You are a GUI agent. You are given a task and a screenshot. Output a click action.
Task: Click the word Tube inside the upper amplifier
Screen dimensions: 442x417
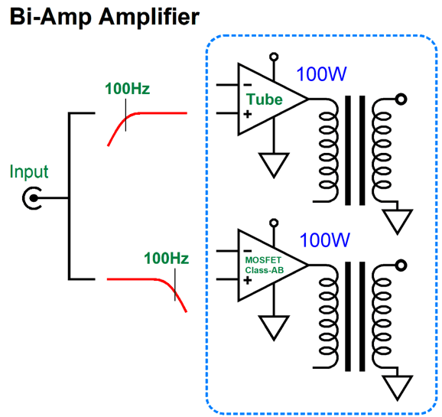pyautogui.click(x=264, y=99)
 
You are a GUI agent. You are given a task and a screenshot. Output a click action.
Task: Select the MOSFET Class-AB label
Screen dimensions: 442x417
pyautogui.click(x=264, y=265)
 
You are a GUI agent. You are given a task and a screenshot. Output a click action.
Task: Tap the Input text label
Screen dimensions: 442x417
pyautogui.click(x=29, y=171)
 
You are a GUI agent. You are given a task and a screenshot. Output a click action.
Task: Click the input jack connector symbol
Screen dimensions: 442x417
pyautogui.click(x=32, y=198)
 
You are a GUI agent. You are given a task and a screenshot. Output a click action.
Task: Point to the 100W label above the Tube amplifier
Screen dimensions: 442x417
pyautogui.click(x=321, y=74)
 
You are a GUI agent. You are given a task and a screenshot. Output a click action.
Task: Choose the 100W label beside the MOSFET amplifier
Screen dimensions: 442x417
pyautogui.click(x=324, y=240)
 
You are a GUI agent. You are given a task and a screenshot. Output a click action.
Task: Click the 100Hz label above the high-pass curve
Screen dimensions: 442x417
pyautogui.click(x=128, y=89)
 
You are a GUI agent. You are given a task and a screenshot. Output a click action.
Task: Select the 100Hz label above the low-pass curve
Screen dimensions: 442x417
pyautogui.click(x=166, y=258)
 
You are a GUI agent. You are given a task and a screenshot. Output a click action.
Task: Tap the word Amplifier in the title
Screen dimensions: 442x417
pyautogui.click(x=149, y=16)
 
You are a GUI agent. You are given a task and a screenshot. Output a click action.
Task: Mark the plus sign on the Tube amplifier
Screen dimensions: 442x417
pyautogui.click(x=248, y=114)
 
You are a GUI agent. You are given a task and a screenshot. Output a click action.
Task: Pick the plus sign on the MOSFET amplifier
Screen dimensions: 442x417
pyautogui.click(x=248, y=281)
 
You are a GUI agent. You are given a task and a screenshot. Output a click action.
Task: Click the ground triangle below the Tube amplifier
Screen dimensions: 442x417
pyautogui.click(x=274, y=165)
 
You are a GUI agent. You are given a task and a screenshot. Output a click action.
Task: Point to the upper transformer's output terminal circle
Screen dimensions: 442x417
pyautogui.click(x=401, y=99)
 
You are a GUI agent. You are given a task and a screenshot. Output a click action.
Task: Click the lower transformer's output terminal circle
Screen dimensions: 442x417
pyautogui.click(x=401, y=266)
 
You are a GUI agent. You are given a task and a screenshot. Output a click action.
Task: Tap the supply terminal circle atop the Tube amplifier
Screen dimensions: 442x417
pyautogui.click(x=274, y=57)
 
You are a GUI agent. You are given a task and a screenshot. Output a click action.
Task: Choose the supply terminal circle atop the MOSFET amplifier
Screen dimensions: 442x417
pyautogui.click(x=274, y=223)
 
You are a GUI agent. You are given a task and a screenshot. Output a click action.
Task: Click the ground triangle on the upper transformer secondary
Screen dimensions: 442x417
pyautogui.click(x=397, y=221)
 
